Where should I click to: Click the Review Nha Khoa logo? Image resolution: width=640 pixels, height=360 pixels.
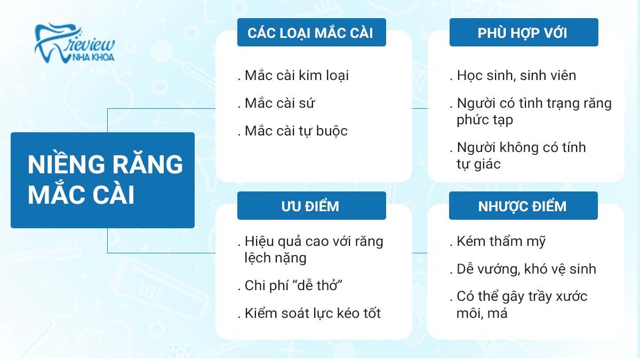(75, 44)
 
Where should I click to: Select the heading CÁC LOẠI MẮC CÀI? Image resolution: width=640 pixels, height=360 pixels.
(311, 33)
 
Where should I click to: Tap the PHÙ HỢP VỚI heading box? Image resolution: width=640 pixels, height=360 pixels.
(523, 33)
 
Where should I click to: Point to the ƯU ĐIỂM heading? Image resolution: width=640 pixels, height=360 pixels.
(311, 206)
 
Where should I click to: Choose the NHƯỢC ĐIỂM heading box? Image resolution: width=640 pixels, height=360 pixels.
(523, 206)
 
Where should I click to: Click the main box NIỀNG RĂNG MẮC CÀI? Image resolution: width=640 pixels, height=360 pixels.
(103, 180)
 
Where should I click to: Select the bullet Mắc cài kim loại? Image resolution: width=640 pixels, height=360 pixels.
(297, 75)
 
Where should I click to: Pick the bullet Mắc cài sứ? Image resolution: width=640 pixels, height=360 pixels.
(279, 103)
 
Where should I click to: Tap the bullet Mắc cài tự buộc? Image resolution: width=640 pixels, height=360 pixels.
(296, 131)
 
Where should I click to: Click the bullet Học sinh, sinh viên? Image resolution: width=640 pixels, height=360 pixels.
(516, 75)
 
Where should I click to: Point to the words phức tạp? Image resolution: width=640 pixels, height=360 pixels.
(485, 120)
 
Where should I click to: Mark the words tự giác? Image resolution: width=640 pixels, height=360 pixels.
(478, 164)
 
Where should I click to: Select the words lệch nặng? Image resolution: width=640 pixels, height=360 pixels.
(276, 258)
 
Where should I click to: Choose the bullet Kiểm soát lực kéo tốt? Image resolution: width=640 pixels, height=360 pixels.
(313, 313)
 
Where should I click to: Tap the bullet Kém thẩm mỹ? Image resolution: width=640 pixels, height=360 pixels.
(501, 241)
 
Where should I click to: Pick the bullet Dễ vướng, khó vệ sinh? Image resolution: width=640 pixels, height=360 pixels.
(526, 269)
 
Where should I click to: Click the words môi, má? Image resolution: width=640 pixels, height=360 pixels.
(482, 313)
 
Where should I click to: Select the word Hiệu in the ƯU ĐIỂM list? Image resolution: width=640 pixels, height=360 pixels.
(259, 241)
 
